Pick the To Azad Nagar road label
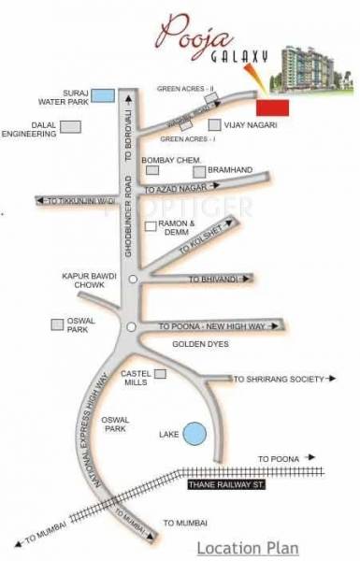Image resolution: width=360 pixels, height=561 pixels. click(x=181, y=189)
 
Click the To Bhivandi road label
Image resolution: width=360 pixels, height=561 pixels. click(x=209, y=279)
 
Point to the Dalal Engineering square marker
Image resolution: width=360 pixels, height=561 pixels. click(x=77, y=126)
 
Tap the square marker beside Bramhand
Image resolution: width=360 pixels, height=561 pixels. click(x=198, y=171)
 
